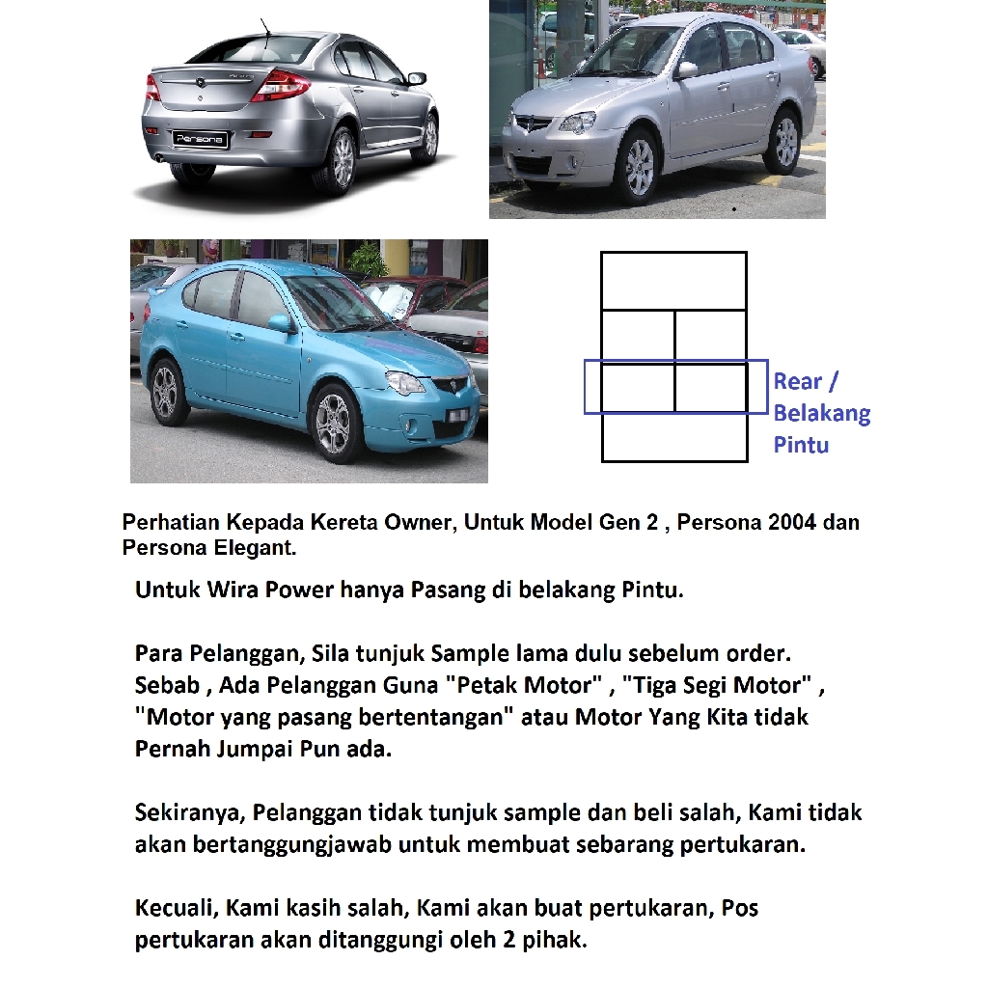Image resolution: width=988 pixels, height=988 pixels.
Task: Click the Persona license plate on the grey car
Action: point(201,139)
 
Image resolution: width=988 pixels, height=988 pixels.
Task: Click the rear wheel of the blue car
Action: point(167,390)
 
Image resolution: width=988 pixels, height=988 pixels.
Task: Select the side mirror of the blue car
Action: point(280,323)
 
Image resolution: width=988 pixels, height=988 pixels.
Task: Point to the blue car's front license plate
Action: point(458,415)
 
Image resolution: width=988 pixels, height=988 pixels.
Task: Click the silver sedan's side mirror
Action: point(686,69)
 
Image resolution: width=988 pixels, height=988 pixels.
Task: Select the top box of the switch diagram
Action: point(673,281)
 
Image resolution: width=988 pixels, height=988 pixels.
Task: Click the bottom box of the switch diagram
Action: point(673,437)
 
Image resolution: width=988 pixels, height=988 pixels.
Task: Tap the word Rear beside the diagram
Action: point(798,381)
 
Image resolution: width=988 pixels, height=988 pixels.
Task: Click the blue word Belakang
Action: point(821,413)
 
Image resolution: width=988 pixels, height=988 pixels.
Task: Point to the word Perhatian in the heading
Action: point(170,523)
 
